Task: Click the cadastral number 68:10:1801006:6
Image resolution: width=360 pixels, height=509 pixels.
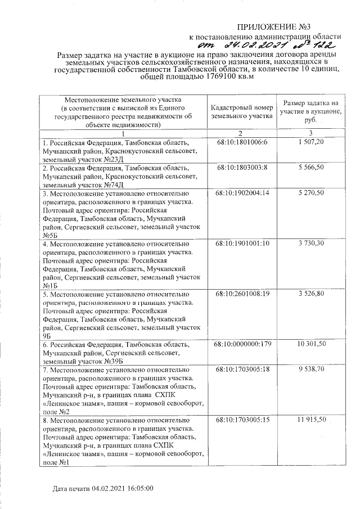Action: point(242,143)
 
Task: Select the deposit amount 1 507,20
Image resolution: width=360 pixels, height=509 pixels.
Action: point(310,143)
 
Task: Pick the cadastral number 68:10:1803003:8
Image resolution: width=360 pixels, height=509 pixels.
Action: point(242,168)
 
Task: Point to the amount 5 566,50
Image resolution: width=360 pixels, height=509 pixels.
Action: point(310,168)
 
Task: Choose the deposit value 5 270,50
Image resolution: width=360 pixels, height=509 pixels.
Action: point(310,192)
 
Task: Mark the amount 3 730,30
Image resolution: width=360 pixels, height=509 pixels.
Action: point(310,244)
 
